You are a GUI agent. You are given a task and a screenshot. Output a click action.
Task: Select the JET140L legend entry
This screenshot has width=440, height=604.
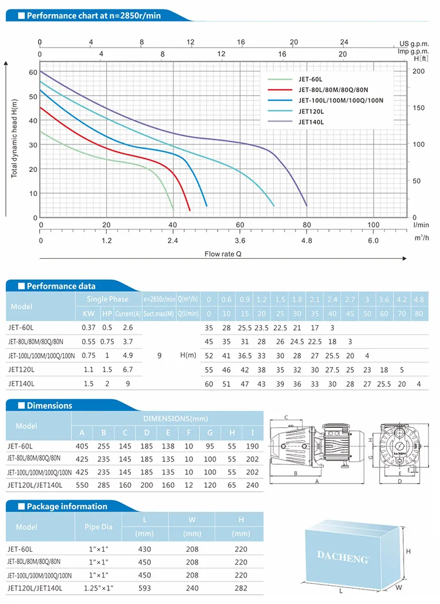[x=311, y=122]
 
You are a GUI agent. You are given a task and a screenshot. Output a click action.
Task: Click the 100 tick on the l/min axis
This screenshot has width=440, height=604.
[x=373, y=225]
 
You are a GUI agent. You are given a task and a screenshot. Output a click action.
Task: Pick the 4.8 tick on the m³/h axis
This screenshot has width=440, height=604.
[x=307, y=241]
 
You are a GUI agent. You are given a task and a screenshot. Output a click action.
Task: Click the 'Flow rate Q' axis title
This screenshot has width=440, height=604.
[x=223, y=254]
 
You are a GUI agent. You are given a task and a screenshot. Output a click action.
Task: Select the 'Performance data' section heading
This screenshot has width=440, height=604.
[x=61, y=286]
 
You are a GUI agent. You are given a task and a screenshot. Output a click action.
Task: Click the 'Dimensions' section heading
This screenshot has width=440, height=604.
[x=49, y=406]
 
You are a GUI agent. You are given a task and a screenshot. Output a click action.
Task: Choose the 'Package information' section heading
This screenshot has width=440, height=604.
[x=67, y=506]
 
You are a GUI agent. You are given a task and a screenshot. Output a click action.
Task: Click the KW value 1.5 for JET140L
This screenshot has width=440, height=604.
[x=89, y=384]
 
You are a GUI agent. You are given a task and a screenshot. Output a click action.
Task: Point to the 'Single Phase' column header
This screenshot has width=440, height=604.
[x=110, y=299]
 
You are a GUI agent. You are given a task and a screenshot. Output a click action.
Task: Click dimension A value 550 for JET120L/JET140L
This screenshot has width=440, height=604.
[x=82, y=485]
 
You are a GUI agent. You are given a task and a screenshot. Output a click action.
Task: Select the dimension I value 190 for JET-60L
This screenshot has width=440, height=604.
[x=252, y=446]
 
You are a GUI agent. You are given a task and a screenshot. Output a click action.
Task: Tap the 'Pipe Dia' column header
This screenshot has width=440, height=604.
[x=98, y=527]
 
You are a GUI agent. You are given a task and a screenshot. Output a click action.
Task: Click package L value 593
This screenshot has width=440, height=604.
[x=144, y=587]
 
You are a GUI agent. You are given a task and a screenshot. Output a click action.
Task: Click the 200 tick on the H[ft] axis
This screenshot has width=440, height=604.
[x=417, y=71]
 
